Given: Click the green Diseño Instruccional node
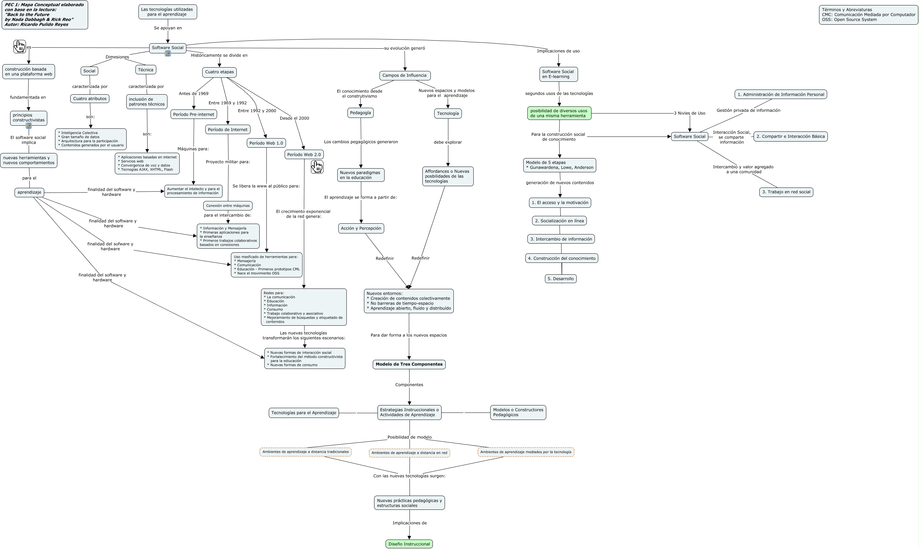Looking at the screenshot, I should [x=409, y=544].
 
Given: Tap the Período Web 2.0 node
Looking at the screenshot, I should [x=304, y=155].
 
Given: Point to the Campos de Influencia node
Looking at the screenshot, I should [x=404, y=75].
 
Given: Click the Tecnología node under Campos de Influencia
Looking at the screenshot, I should [x=448, y=114].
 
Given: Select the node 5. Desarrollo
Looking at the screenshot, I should [x=560, y=279].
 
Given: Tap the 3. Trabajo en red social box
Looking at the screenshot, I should [x=786, y=192].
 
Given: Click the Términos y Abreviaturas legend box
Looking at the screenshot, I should [x=868, y=15].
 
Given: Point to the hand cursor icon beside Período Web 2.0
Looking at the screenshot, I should [x=317, y=167].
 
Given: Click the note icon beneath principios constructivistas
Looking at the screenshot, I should [x=28, y=126].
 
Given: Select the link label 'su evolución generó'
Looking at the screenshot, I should [x=404, y=48].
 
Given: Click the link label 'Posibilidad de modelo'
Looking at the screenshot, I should [x=409, y=437].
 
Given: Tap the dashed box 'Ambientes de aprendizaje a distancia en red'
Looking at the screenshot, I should [x=409, y=453].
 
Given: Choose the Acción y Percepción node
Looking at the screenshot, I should [x=361, y=228].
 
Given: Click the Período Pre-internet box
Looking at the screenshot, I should [x=193, y=114].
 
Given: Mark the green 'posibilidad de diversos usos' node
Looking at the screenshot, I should [x=559, y=113].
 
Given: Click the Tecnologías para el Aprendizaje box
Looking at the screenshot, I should [x=304, y=413].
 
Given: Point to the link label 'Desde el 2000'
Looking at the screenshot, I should [x=294, y=118].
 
